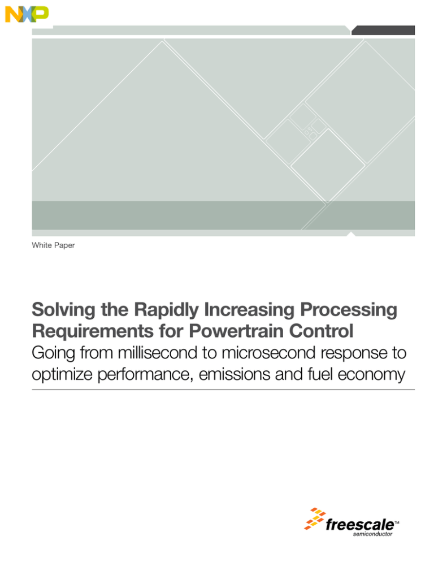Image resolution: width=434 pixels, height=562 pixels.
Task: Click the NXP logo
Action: [27, 14]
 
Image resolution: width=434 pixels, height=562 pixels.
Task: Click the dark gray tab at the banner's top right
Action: [383, 30]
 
